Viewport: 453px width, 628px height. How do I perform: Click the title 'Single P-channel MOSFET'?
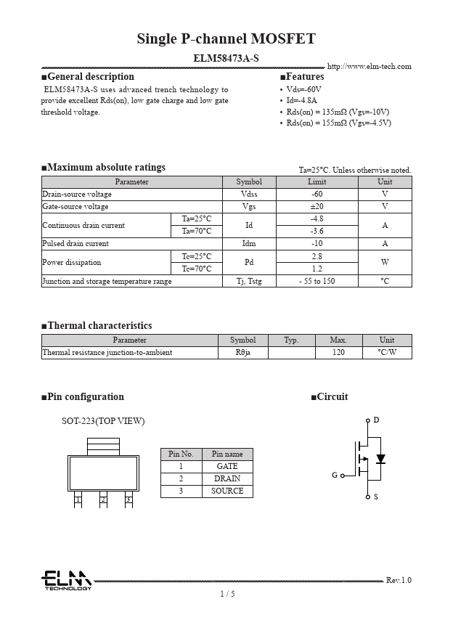pyautogui.click(x=226, y=39)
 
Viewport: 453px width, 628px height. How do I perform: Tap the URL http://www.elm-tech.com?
pyautogui.click(x=369, y=67)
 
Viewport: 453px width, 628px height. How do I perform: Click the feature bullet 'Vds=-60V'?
pyautogui.click(x=303, y=89)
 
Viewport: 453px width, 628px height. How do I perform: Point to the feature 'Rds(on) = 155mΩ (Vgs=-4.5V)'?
pyautogui.click(x=338, y=123)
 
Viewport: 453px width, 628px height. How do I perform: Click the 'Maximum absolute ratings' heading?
pyautogui.click(x=106, y=168)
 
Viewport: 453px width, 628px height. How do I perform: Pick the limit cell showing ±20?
pyautogui.click(x=317, y=207)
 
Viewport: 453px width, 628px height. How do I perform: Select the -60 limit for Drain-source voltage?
pyautogui.click(x=317, y=195)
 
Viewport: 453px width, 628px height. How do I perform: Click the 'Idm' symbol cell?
pyautogui.click(x=249, y=244)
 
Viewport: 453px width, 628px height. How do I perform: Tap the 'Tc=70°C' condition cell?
pyautogui.click(x=196, y=269)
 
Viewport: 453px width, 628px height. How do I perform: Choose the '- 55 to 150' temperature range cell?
pyautogui.click(x=317, y=281)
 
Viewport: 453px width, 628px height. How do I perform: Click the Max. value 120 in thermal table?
pyautogui.click(x=338, y=353)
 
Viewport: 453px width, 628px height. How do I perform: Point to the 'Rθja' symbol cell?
pyautogui.click(x=242, y=353)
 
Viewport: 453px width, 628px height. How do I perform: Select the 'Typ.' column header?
pyautogui.click(x=291, y=340)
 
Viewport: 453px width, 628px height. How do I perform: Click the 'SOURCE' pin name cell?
pyautogui.click(x=227, y=492)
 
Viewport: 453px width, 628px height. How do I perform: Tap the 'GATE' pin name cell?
pyautogui.click(x=227, y=467)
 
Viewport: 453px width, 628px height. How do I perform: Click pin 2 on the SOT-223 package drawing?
pyautogui.click(x=103, y=499)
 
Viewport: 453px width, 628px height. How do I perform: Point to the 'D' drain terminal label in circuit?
pyautogui.click(x=376, y=420)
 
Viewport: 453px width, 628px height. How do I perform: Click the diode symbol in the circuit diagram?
pyautogui.click(x=380, y=459)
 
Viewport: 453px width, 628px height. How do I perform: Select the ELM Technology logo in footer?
pyautogui.click(x=66, y=580)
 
